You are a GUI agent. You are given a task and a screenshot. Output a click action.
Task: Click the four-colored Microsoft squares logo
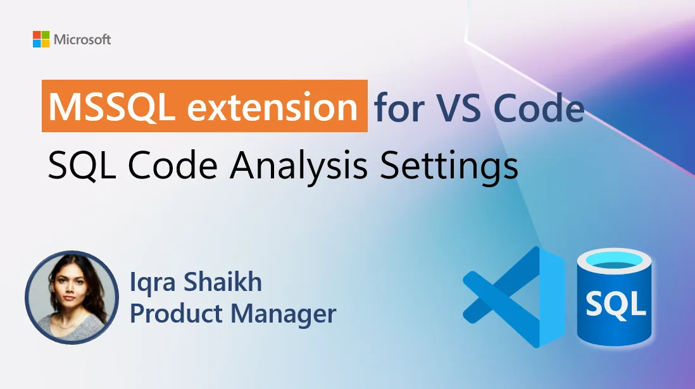coord(41,39)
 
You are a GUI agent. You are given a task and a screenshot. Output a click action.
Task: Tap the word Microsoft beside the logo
coord(82,40)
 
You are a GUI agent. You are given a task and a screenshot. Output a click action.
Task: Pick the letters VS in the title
coord(456,108)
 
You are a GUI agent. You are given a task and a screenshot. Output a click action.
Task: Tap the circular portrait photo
coord(72,297)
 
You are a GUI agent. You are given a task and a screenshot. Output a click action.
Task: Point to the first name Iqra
coord(154,282)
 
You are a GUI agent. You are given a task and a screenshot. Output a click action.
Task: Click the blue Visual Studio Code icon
coord(513,297)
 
